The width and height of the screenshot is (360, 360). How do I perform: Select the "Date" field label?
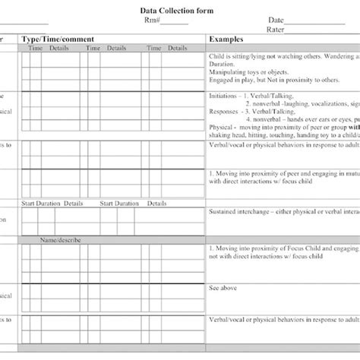[x=276, y=21]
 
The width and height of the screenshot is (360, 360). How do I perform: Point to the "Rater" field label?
[x=276, y=30]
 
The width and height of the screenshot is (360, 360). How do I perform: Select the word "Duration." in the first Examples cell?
[x=221, y=65]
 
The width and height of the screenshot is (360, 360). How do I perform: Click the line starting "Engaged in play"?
[x=266, y=78]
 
